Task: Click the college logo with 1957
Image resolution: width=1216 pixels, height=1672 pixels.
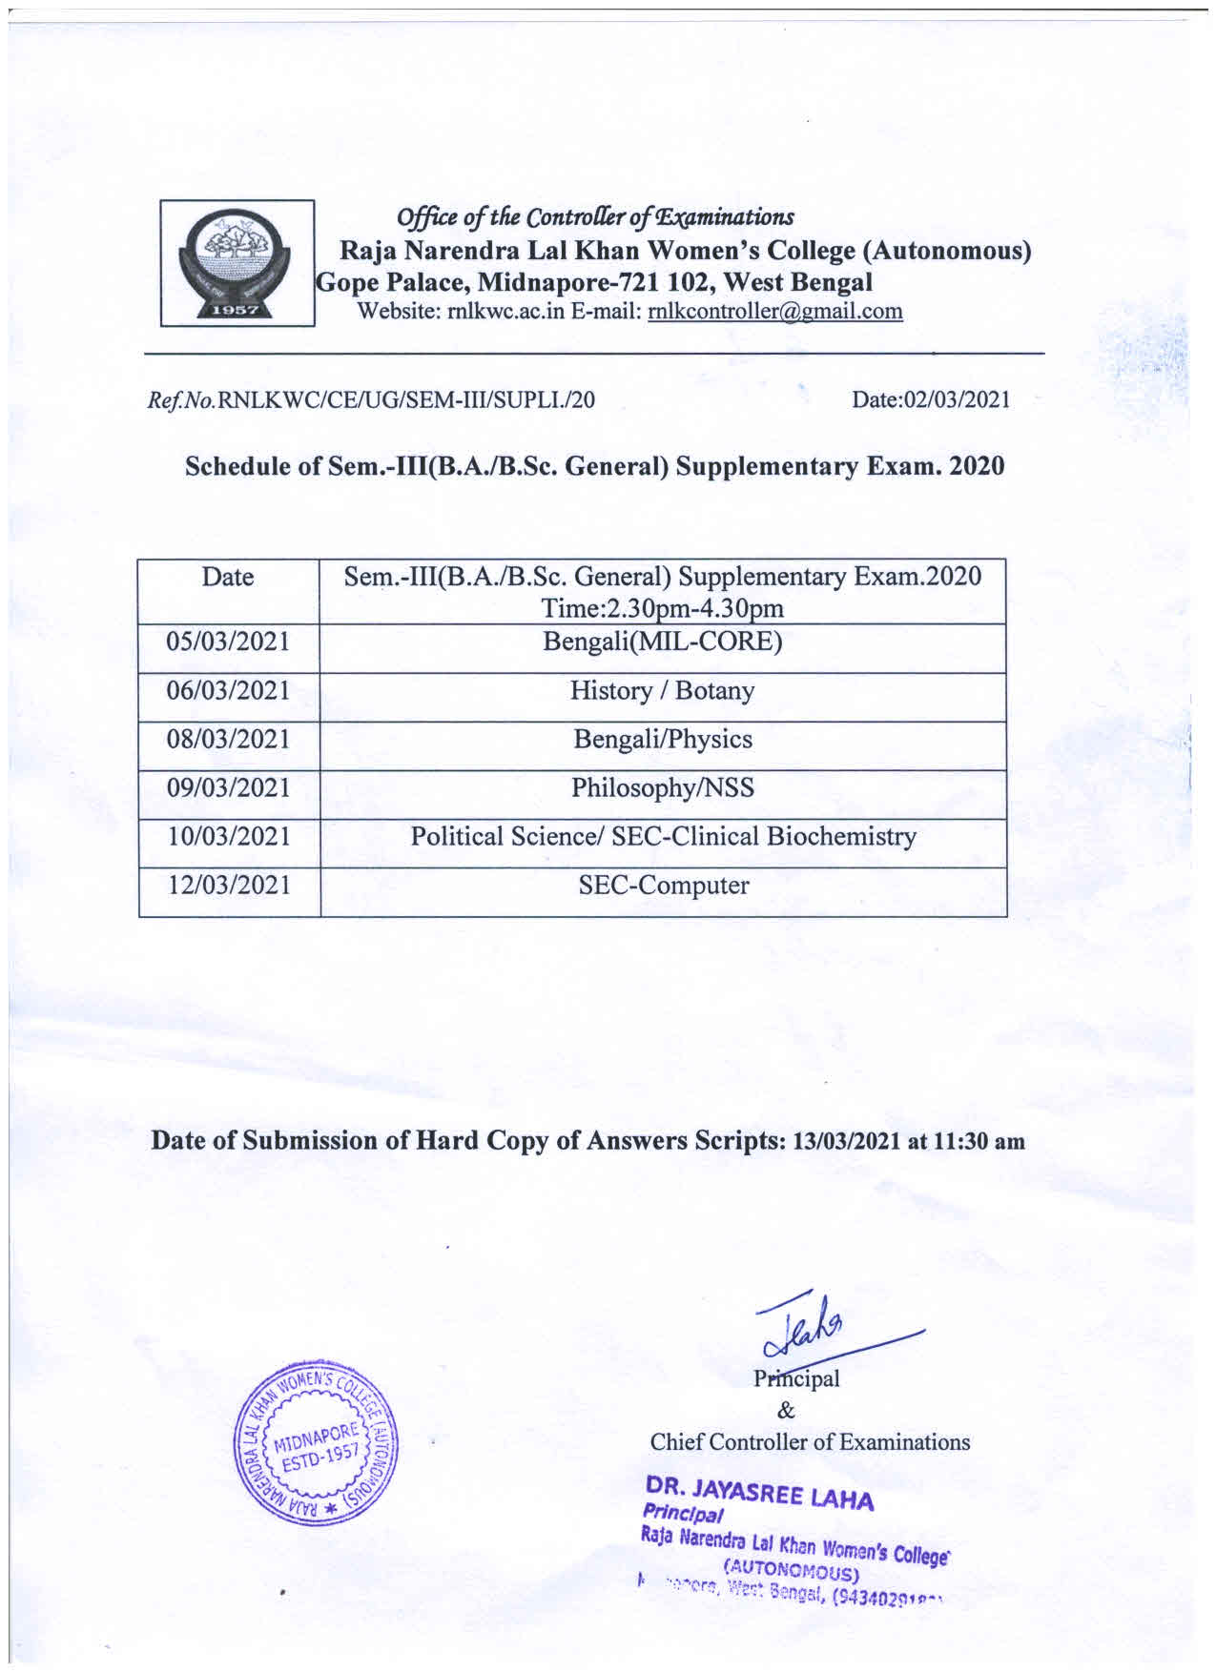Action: click(237, 263)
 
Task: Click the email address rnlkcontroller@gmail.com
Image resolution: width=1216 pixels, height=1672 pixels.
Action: click(774, 312)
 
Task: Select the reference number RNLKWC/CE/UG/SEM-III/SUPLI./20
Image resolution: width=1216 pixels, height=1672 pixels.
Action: click(406, 400)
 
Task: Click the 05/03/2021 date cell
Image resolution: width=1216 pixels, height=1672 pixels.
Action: click(228, 642)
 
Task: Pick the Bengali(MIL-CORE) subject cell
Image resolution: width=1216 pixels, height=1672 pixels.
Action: click(663, 642)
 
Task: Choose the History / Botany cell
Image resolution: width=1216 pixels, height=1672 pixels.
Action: click(663, 691)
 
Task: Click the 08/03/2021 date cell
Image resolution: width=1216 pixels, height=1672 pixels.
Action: click(228, 740)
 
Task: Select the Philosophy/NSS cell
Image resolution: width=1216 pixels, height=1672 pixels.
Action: click(663, 788)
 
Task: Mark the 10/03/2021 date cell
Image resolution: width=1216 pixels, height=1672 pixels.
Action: click(228, 837)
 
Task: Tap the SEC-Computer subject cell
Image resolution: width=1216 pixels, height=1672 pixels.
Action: click(663, 886)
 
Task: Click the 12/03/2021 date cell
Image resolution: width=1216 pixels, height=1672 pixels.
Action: click(228, 886)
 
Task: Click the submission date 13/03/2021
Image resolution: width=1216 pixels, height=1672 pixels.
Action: click(846, 1142)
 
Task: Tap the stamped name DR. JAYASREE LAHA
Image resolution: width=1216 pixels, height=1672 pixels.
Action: click(759, 1492)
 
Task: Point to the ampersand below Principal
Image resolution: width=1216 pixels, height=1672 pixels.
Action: click(786, 1411)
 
